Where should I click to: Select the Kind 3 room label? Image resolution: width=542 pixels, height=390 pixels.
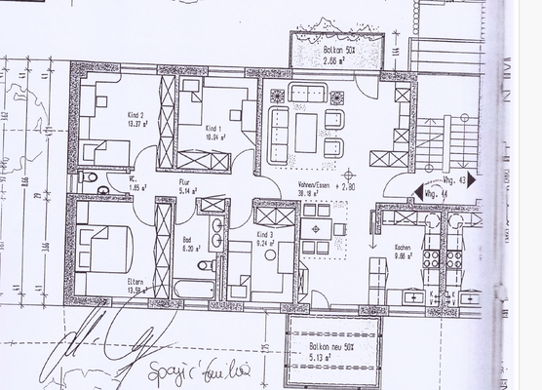(264, 236)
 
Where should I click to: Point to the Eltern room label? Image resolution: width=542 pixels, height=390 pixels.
(135, 282)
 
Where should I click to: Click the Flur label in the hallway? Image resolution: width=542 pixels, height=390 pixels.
(183, 182)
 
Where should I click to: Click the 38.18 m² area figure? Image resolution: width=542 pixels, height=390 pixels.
(312, 194)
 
